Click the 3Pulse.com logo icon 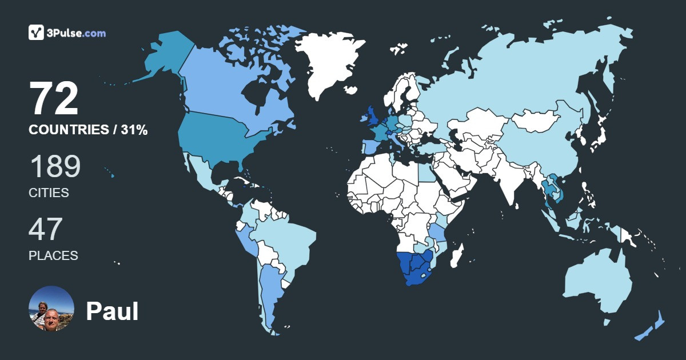(37, 33)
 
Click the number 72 (54, 99)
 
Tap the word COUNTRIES (68, 130)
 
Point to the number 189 (54, 167)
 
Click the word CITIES (49, 193)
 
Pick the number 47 (46, 230)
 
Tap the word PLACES (53, 256)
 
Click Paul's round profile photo (51, 309)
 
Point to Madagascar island (457, 254)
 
